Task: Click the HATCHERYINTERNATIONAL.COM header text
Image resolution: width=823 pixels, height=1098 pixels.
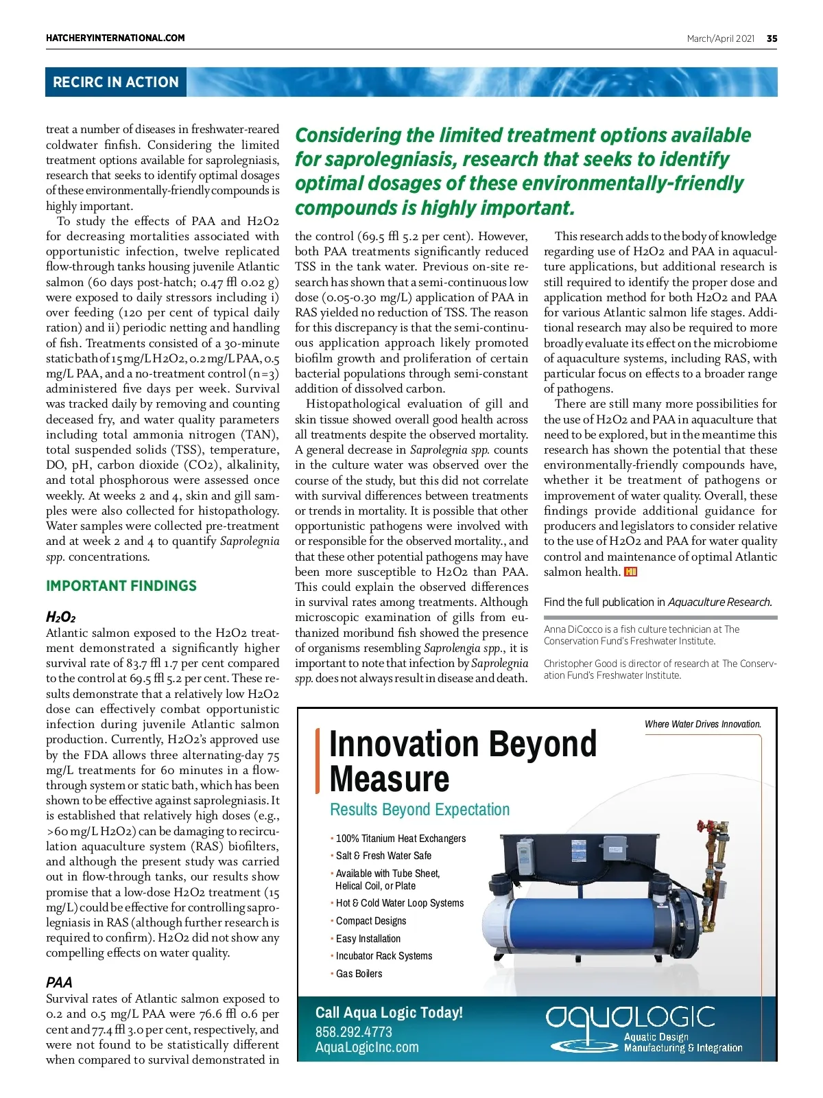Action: click(115, 38)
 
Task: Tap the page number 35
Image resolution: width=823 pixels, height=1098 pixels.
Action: click(772, 38)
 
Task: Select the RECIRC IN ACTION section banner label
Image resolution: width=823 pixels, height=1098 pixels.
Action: click(115, 82)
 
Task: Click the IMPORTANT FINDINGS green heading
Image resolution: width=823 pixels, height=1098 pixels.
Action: click(121, 586)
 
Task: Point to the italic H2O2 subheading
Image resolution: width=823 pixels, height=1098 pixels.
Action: click(60, 617)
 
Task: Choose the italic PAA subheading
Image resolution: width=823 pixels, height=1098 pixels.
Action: click(59, 982)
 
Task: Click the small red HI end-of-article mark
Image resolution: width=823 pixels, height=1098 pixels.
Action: click(631, 572)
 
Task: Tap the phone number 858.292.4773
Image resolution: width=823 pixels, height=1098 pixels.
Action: click(354, 1031)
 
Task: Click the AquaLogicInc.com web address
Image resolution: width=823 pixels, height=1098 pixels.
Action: click(367, 1047)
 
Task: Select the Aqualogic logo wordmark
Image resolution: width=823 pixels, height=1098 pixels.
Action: click(630, 1017)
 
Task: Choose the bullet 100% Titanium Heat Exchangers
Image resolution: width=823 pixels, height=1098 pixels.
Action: click(401, 839)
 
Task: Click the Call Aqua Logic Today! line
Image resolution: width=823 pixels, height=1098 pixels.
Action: click(389, 1012)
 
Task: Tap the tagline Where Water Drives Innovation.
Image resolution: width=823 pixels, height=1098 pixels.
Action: click(702, 724)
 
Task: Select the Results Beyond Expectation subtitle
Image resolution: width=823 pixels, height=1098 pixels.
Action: click(420, 810)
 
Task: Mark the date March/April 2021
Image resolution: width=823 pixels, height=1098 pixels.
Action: click(720, 38)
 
